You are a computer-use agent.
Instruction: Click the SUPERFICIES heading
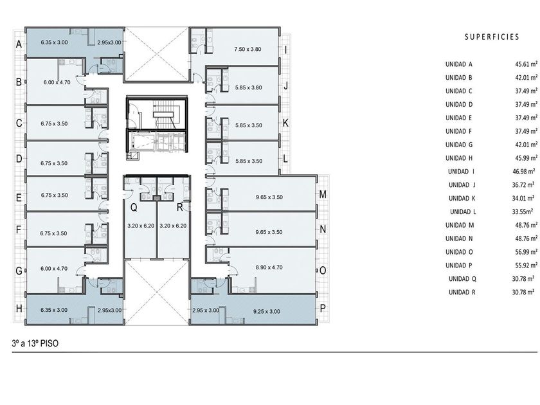point(492,37)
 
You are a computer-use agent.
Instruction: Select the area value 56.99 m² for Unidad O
point(526,252)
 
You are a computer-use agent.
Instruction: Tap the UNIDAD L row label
point(463,212)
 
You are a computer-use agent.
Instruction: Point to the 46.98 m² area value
point(523,171)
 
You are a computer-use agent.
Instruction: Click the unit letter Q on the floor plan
point(134,207)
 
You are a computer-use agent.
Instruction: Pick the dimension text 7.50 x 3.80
point(248,50)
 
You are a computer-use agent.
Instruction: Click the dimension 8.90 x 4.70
point(269,267)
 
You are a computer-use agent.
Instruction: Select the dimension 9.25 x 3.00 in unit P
point(267,311)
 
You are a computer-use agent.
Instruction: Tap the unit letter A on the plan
point(19,44)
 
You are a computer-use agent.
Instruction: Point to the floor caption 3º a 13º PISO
point(35,343)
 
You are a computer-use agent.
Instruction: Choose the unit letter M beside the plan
point(323,195)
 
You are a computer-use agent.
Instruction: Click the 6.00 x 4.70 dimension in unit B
point(57,82)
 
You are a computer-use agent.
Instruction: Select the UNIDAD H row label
point(459,158)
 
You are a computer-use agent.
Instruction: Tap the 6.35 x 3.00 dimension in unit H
point(54,310)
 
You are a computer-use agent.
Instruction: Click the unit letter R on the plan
point(179,207)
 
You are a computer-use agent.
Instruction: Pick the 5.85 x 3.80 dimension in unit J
point(249,87)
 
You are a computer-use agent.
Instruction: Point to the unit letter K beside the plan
point(285,123)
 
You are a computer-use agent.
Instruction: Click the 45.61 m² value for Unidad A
point(526,64)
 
